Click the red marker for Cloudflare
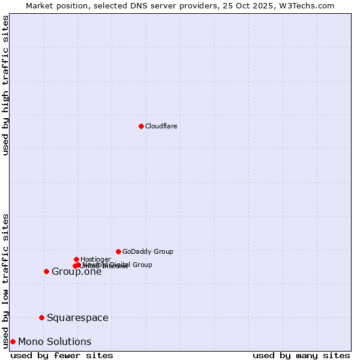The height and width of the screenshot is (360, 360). click(141, 126)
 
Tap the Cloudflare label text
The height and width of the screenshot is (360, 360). click(161, 126)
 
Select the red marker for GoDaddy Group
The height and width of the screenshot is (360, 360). click(118, 251)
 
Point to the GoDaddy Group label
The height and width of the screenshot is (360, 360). click(148, 251)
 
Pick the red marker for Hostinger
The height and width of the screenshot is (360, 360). click(76, 259)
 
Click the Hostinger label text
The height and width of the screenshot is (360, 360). click(95, 259)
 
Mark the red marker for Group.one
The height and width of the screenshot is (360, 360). click(46, 271)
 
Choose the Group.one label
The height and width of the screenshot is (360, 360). click(76, 272)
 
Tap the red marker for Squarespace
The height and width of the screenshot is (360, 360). click(41, 317)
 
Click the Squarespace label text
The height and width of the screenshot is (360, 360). click(77, 317)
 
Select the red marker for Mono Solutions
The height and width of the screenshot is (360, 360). click(13, 341)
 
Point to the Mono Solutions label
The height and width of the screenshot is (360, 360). click(55, 341)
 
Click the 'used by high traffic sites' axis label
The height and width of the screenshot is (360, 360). click(6, 85)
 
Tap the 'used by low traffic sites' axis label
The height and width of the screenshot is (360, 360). click(6, 280)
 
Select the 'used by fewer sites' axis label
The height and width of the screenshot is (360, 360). click(62, 355)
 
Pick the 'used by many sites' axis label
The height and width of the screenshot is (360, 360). click(301, 355)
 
